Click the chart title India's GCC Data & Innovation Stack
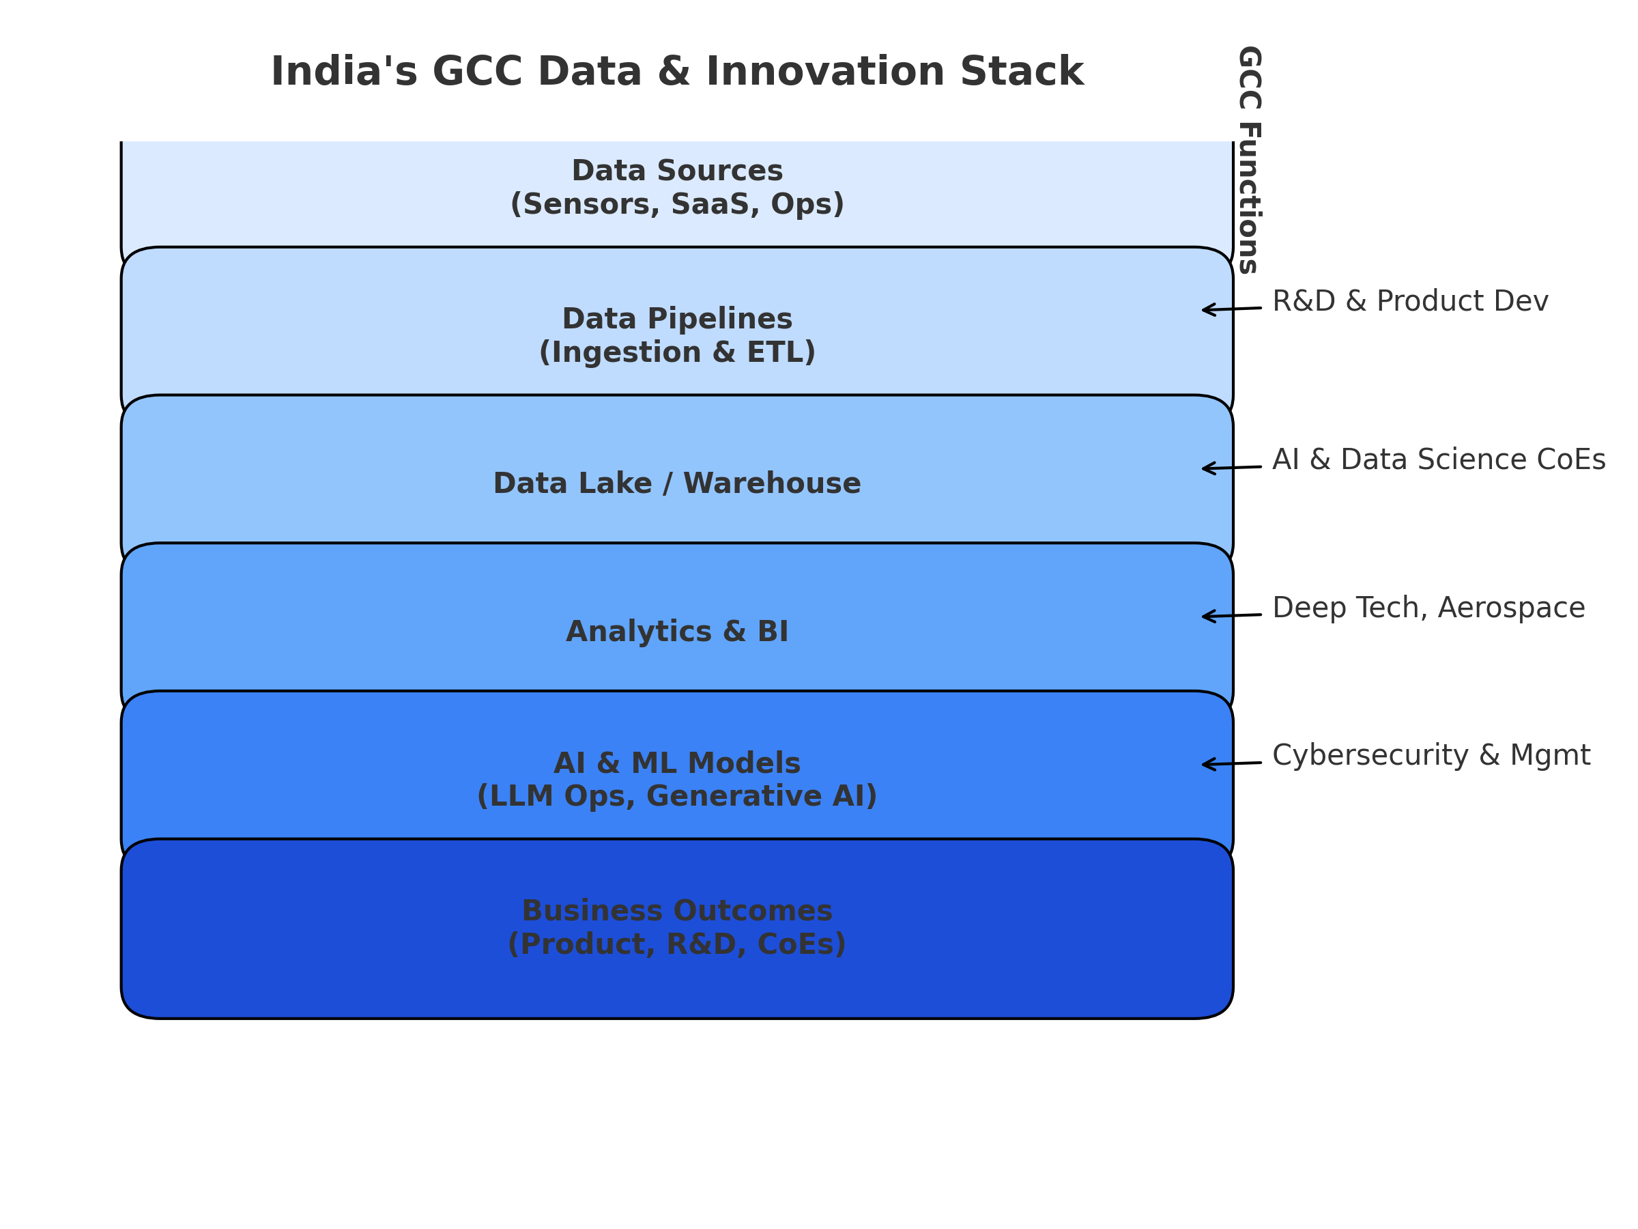pyautogui.click(x=677, y=72)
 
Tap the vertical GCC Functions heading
pyautogui.click(x=1248, y=159)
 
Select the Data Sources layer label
pyautogui.click(x=677, y=171)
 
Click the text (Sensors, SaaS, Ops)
pyautogui.click(x=677, y=204)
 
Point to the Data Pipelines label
pyautogui.click(x=677, y=320)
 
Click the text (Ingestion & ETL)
pyautogui.click(x=677, y=352)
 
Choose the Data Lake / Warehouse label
pyautogui.click(x=677, y=483)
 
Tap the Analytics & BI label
pyautogui.click(x=677, y=632)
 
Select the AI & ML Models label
pyautogui.click(x=677, y=764)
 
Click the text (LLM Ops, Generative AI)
pyautogui.click(x=677, y=797)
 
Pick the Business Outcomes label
pyautogui.click(x=677, y=912)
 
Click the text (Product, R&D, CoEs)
pyautogui.click(x=677, y=944)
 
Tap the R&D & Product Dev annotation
pyautogui.click(x=1410, y=302)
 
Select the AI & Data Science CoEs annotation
pyautogui.click(x=1439, y=460)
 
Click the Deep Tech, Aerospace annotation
pyautogui.click(x=1428, y=608)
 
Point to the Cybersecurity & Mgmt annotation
pyautogui.click(x=1431, y=756)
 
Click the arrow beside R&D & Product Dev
pyautogui.click(x=1231, y=309)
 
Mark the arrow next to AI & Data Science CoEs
pyautogui.click(x=1231, y=468)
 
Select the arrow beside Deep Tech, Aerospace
pyautogui.click(x=1231, y=616)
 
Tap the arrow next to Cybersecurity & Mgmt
pyautogui.click(x=1231, y=764)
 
